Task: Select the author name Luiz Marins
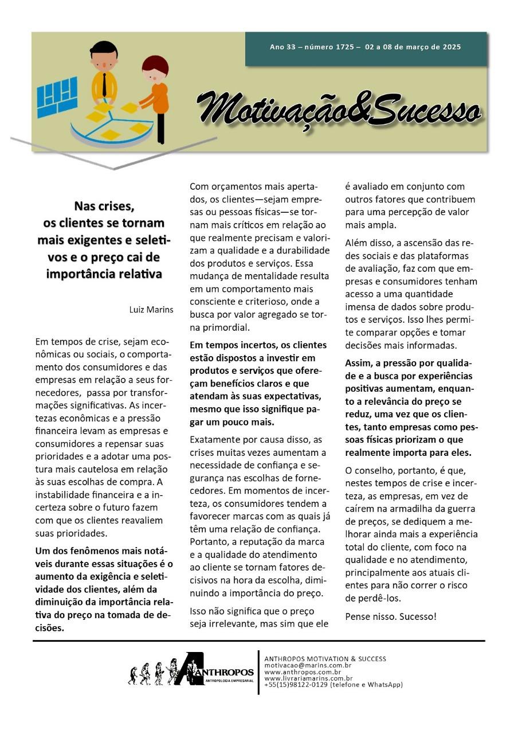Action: [x=151, y=310]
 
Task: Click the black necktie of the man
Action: [x=104, y=85]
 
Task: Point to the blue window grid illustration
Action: [x=57, y=96]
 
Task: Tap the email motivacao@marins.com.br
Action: [x=308, y=665]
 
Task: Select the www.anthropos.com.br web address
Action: [x=303, y=672]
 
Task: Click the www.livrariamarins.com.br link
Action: [x=308, y=678]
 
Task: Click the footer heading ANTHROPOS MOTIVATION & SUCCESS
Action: [x=325, y=659]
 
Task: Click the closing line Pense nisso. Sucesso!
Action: [x=391, y=616]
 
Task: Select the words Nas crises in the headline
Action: [x=104, y=205]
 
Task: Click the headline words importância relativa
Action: [x=104, y=274]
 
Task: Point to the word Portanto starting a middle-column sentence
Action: [x=209, y=543]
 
